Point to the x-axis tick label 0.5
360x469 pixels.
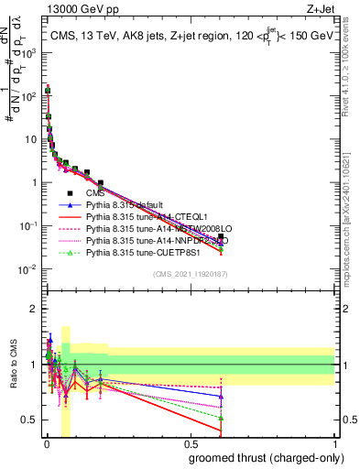191,444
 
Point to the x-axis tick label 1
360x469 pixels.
334,444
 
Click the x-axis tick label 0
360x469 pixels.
47,444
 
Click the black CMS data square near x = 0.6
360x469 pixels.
221,237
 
